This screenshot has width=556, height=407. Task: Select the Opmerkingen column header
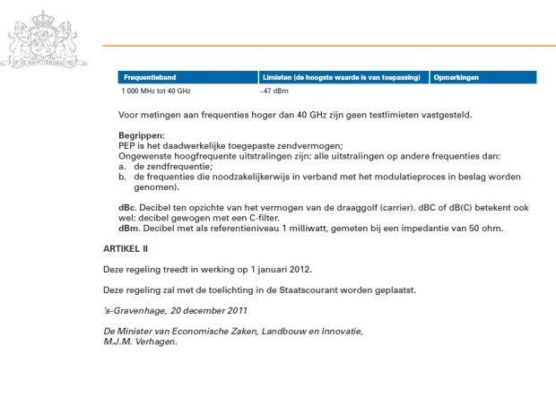(x=454, y=77)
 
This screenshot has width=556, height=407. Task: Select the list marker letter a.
(x=121, y=167)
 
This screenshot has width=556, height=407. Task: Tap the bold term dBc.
(x=128, y=208)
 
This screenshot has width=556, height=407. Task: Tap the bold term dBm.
(x=128, y=228)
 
